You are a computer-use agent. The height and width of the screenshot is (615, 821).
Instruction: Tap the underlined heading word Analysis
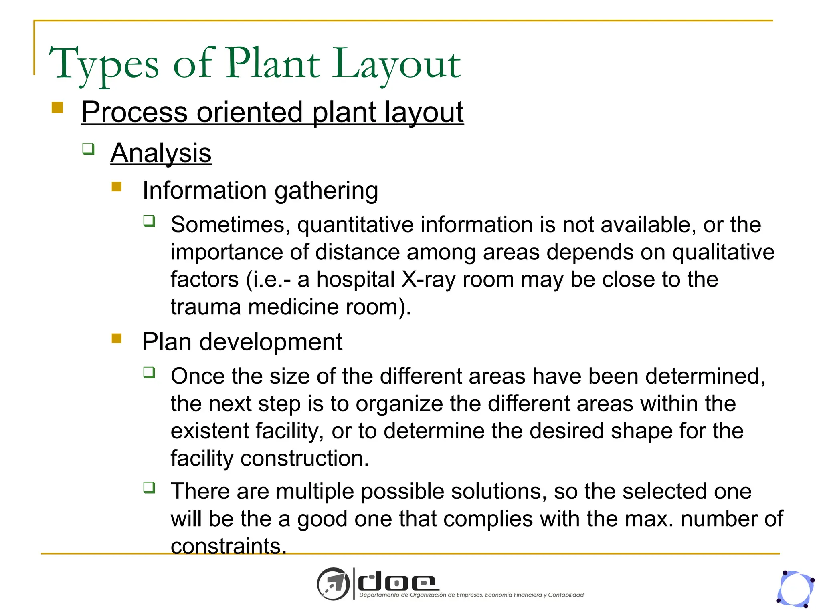pos(161,153)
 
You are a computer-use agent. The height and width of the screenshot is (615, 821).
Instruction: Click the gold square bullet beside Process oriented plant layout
pos(57,108)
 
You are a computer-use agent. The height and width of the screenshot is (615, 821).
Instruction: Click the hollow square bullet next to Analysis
pos(88,149)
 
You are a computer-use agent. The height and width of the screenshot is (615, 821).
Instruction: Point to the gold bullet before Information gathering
pos(117,187)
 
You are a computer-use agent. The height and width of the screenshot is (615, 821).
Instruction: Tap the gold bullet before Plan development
pos(117,338)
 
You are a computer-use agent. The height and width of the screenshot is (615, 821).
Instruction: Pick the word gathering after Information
pos(326,191)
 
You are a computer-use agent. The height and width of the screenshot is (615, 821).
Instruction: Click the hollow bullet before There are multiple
pos(149,488)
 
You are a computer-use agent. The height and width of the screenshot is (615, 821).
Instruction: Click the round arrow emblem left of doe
pos(333,584)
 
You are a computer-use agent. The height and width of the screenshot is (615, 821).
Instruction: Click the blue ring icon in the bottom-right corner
pos(795,589)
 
